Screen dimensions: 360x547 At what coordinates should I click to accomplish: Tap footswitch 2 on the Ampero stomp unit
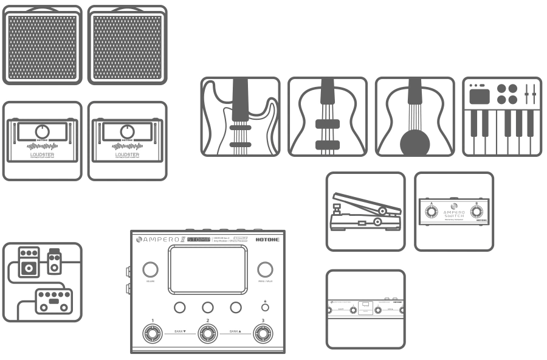(208, 333)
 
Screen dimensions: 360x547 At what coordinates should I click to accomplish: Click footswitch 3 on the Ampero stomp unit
(263, 333)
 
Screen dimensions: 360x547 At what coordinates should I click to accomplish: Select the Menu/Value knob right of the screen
(264, 270)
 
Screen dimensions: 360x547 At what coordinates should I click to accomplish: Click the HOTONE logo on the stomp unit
(272, 239)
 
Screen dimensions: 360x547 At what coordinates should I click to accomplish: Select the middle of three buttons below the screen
(207, 308)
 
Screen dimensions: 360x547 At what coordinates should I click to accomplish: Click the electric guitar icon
(241, 116)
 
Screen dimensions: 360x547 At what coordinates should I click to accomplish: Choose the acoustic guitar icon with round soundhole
(415, 116)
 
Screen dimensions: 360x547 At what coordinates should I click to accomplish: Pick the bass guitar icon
(327, 116)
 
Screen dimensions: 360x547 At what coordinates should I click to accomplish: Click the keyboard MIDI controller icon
(502, 116)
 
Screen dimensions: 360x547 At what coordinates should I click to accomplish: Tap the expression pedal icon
(365, 212)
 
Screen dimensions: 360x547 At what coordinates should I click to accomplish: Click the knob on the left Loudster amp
(42, 131)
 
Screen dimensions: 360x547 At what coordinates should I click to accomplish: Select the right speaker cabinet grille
(127, 46)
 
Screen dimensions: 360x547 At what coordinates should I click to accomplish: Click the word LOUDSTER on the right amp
(127, 154)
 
